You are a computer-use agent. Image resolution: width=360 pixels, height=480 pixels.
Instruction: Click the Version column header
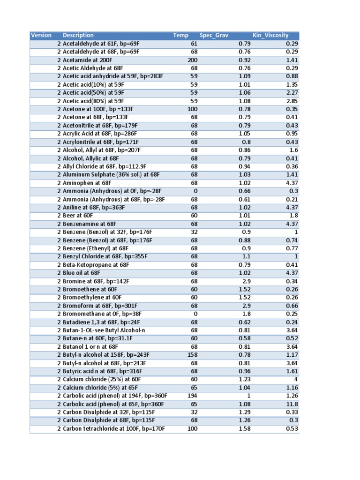(x=41, y=35)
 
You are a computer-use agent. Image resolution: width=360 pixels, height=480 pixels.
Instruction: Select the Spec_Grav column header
(x=212, y=35)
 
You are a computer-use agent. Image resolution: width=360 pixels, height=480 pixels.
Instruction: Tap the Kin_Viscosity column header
(x=270, y=35)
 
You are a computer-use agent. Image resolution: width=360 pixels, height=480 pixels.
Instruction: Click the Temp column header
(x=180, y=35)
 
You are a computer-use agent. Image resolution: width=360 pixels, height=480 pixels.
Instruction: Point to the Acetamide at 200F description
(x=88, y=60)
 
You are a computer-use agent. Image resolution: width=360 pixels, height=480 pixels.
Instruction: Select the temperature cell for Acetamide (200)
(x=192, y=60)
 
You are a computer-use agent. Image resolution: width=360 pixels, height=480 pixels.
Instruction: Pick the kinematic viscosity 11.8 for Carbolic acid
(x=292, y=404)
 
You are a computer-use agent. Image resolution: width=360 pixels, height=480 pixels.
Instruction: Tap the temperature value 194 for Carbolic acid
(x=192, y=396)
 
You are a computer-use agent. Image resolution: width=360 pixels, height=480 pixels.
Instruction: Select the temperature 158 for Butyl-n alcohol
(x=192, y=355)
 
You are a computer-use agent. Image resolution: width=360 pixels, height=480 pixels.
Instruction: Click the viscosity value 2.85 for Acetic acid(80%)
(x=292, y=101)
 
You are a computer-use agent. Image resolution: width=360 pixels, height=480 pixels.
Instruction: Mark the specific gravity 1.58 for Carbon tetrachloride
(x=244, y=428)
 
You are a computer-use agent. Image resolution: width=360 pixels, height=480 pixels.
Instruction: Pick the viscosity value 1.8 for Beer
(x=294, y=216)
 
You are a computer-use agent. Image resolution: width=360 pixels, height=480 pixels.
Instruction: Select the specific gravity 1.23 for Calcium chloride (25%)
(x=244, y=379)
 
